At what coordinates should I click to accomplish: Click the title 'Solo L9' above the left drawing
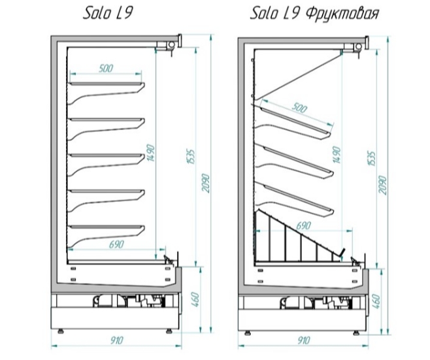coord(108,14)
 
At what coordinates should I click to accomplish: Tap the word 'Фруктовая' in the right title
coord(342,14)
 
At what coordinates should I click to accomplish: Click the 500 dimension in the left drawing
coord(106,68)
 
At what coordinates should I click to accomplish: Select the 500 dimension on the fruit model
coord(299,108)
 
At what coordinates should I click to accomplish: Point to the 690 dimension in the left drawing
coord(116,244)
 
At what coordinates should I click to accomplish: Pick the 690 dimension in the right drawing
coord(304,225)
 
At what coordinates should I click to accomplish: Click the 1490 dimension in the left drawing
coord(151,153)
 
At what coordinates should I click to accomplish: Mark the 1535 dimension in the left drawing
coord(191,157)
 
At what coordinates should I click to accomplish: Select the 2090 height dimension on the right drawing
coord(383,186)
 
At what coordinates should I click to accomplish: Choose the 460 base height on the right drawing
coord(376,301)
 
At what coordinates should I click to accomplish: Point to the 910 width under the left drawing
coord(117,340)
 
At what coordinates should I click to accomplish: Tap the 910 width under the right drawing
coord(304,340)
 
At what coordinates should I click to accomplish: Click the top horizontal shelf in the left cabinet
coord(107,84)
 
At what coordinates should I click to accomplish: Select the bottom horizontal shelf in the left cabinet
coord(107,227)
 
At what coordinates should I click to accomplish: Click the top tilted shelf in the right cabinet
coord(296,120)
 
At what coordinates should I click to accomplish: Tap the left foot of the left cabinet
coord(60,331)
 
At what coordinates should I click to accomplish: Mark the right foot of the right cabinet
coord(356,333)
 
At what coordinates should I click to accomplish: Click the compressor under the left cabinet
coord(103,301)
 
